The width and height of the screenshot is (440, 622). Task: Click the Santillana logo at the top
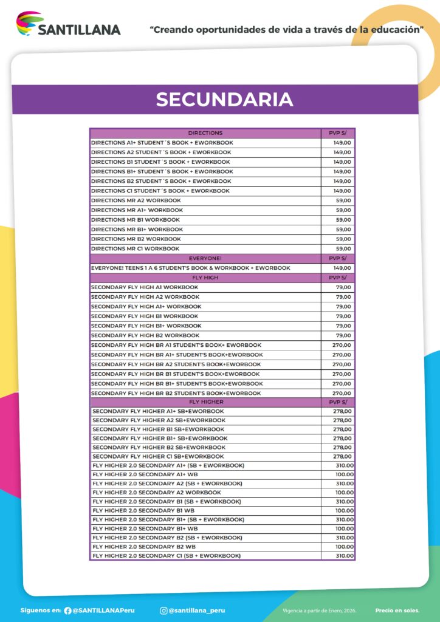pos(68,25)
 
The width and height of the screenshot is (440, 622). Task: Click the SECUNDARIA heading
pos(224,100)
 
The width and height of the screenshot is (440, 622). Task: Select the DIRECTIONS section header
pos(205,133)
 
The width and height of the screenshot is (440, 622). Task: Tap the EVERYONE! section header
pos(205,258)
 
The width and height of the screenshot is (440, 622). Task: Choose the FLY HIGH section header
pos(205,278)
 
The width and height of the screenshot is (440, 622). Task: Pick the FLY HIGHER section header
pos(206,402)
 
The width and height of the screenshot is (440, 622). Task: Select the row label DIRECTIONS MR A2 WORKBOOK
pos(136,200)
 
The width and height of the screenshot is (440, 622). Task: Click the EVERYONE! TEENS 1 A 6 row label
pos(190,268)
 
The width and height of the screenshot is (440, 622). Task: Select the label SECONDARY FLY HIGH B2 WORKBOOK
pos(145,335)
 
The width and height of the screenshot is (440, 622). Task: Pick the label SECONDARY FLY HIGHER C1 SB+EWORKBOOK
pos(158,456)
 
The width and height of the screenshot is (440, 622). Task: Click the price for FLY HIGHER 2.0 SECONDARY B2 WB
pos(344,547)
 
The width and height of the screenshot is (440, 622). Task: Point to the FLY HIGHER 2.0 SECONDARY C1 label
pos(167,556)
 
